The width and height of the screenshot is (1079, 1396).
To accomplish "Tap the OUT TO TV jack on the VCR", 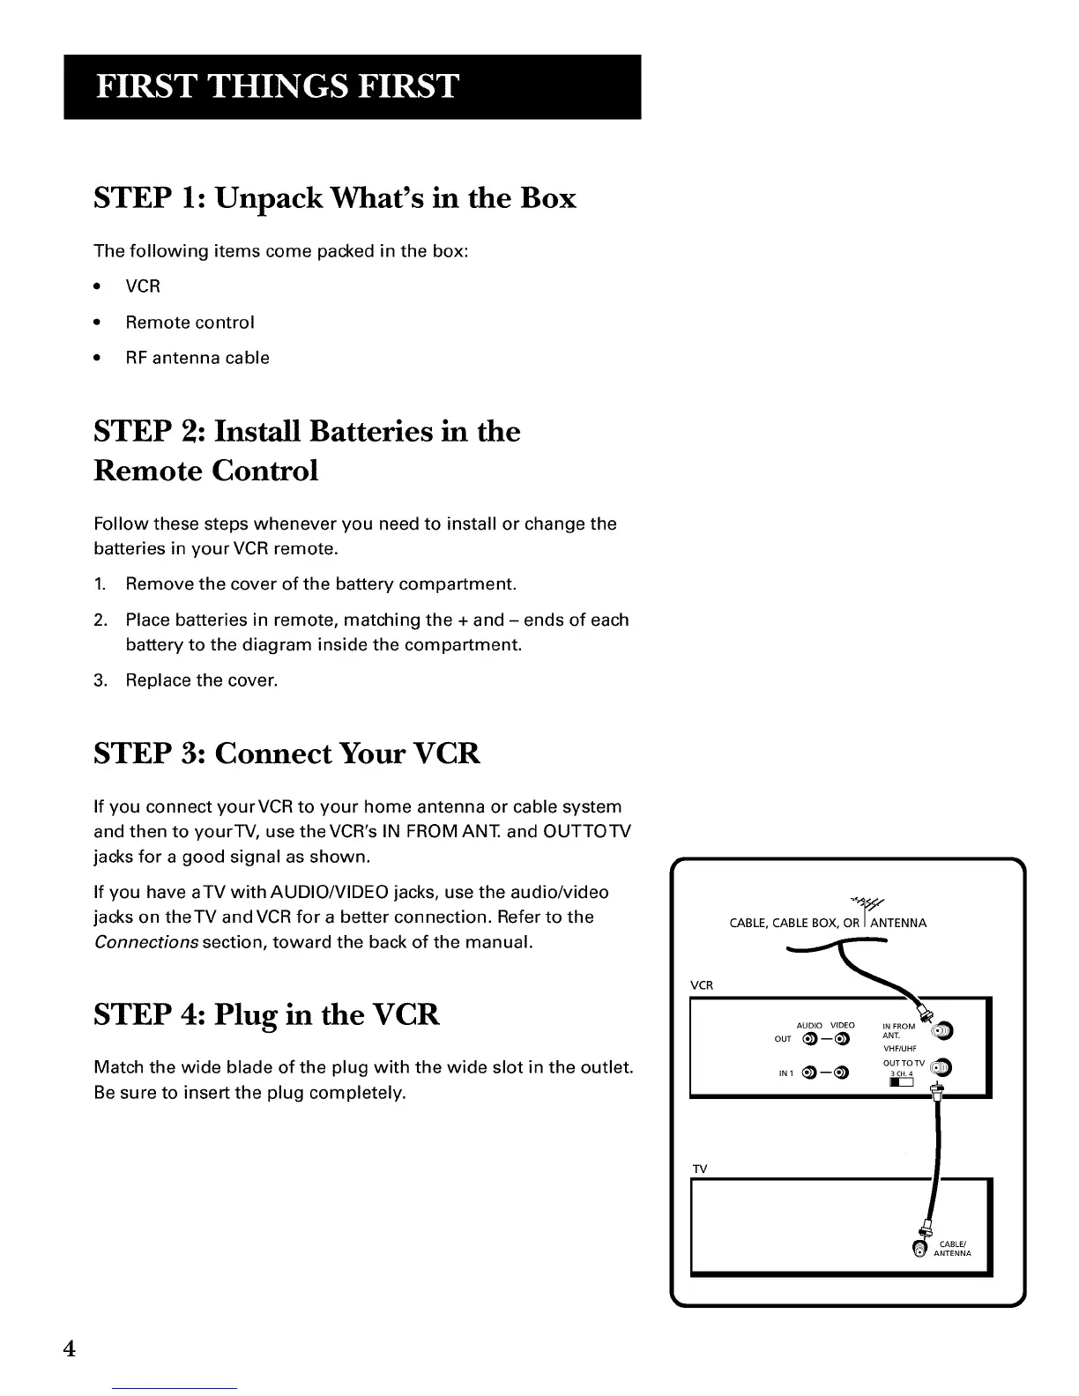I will (x=941, y=1068).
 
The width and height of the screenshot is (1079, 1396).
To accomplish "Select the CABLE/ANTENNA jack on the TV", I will (x=920, y=1248).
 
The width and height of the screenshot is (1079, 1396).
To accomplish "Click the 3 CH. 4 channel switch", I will (x=899, y=1081).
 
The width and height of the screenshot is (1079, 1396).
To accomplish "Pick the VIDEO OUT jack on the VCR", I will (x=842, y=1039).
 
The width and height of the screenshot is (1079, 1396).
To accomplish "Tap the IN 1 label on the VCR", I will (x=785, y=1073).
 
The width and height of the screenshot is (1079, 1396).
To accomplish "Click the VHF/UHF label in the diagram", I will (x=900, y=1049).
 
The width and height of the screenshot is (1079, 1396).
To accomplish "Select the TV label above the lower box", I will (x=700, y=1169).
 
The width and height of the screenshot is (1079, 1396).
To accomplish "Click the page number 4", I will (x=70, y=1348).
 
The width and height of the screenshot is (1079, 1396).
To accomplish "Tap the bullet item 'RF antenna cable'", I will (x=197, y=358).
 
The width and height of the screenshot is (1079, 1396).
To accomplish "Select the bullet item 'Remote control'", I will (x=190, y=323).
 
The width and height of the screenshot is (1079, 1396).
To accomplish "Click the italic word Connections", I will (x=145, y=942).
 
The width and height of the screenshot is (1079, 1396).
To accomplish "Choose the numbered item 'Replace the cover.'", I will (x=201, y=680).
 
